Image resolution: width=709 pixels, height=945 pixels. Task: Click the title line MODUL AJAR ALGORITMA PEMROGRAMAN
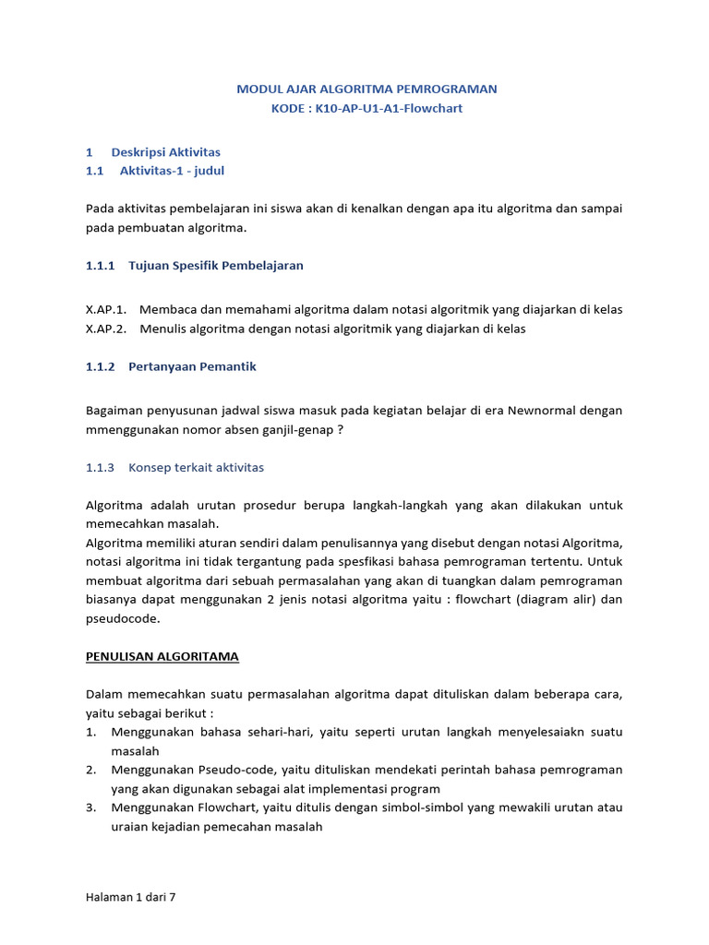(367, 89)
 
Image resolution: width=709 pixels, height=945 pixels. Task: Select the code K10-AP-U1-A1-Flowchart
(389, 108)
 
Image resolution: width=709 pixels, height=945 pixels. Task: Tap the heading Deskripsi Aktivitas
(165, 151)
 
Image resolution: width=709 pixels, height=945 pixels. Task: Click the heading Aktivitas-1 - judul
(172, 171)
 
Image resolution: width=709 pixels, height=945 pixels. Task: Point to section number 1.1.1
(100, 265)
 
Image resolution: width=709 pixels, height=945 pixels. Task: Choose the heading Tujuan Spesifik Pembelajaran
(215, 265)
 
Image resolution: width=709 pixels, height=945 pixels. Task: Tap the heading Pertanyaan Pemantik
(192, 366)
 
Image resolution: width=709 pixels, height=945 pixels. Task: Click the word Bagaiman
(114, 410)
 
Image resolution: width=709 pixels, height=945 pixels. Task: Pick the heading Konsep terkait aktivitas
(196, 467)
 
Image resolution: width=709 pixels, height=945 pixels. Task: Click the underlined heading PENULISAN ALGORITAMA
(162, 656)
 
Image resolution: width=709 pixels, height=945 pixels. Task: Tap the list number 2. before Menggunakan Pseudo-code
(91, 770)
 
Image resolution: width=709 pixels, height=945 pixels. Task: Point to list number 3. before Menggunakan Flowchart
(91, 807)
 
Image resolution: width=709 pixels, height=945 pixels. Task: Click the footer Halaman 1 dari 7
(130, 896)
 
